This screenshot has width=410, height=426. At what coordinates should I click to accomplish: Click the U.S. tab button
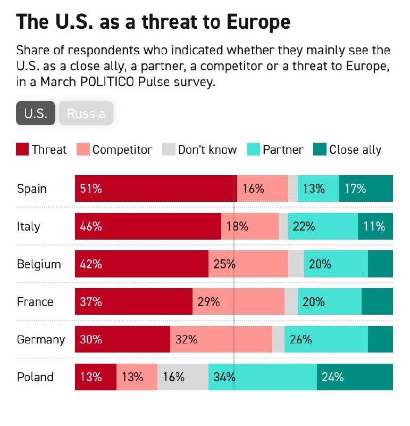(x=36, y=113)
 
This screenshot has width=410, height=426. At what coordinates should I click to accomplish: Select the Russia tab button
(x=86, y=113)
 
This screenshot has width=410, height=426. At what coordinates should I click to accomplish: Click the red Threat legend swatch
(x=22, y=150)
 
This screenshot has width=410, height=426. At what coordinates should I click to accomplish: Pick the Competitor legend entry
(x=115, y=150)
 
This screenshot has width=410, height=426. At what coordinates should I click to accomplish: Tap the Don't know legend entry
(x=200, y=150)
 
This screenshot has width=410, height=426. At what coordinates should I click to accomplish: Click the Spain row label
(x=32, y=189)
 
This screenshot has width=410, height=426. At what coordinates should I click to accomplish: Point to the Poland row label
(x=35, y=377)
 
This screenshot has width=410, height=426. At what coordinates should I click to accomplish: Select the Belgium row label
(x=39, y=264)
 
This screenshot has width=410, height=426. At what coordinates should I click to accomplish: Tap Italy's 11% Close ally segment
(x=375, y=226)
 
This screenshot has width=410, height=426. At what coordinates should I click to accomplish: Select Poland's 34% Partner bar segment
(x=263, y=377)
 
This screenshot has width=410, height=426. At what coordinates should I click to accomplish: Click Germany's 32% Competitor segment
(x=221, y=339)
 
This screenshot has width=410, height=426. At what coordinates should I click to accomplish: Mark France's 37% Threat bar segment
(x=133, y=302)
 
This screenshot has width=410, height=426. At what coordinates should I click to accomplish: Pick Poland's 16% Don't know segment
(x=183, y=377)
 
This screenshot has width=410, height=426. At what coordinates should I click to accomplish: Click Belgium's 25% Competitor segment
(x=248, y=264)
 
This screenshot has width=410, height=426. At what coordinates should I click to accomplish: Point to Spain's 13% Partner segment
(x=319, y=189)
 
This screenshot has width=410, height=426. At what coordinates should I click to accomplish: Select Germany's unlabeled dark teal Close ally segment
(x=380, y=339)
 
